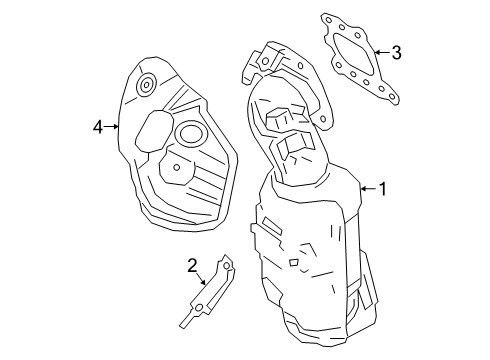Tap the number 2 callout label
click(192, 266)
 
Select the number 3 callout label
click(396, 52)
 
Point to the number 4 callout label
click(98, 126)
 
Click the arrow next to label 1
click(364, 188)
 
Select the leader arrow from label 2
click(206, 281)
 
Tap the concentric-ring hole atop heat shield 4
click(146, 84)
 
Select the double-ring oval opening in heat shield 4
click(190, 134)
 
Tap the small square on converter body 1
click(294, 263)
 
